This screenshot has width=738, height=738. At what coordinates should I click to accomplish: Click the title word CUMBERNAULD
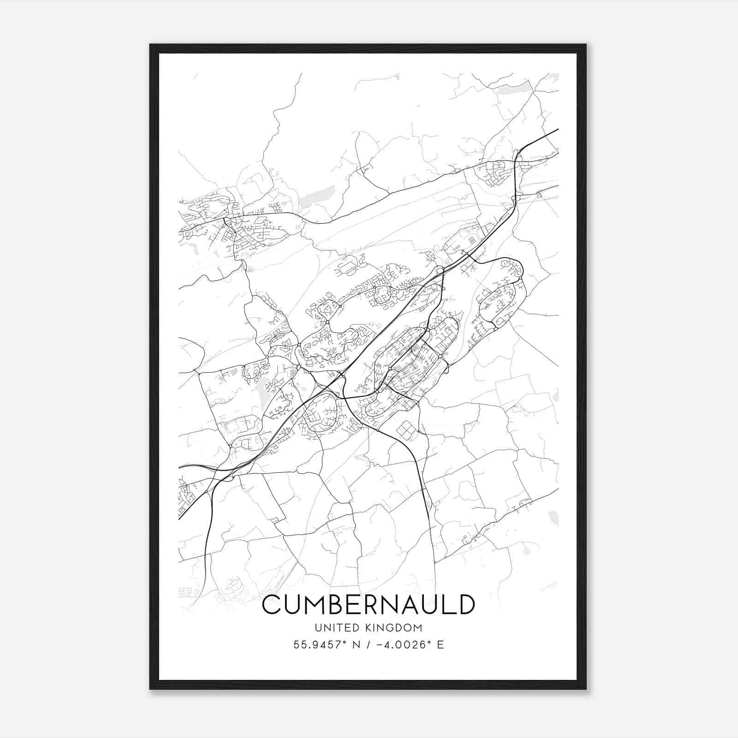point(368,604)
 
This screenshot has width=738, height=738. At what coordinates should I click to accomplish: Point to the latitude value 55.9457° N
point(328,645)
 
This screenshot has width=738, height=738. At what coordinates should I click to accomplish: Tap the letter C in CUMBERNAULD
point(273,604)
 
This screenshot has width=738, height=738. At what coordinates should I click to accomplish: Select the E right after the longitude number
point(440,645)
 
